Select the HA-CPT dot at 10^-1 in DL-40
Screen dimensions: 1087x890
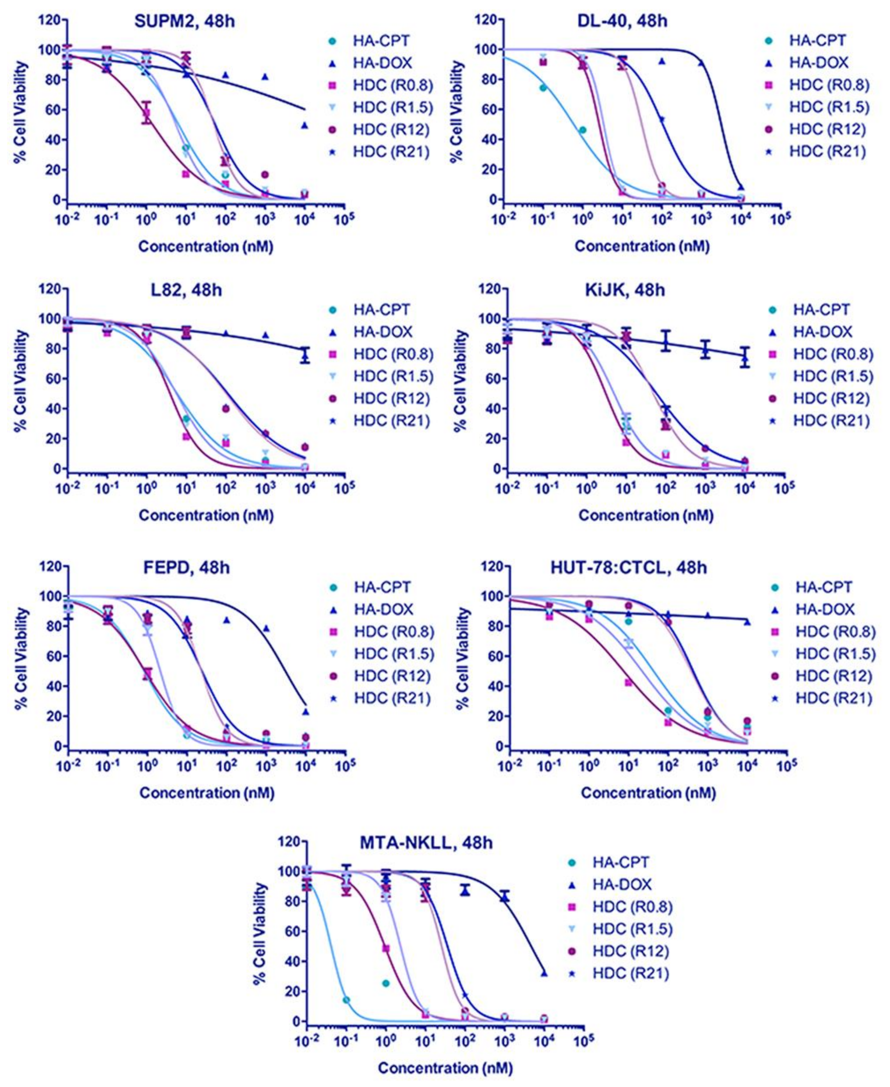(x=543, y=88)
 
